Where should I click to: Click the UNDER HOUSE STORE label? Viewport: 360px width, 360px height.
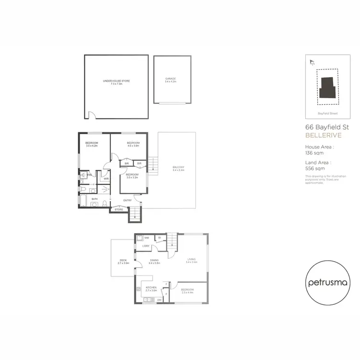116,82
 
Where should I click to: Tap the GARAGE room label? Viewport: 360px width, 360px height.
171,79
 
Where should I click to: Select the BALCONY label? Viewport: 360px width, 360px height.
177,168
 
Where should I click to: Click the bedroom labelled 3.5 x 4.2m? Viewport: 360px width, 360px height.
92,144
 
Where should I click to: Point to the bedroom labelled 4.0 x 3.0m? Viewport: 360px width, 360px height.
133,144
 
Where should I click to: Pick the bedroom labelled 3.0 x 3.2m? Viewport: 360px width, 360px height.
132,176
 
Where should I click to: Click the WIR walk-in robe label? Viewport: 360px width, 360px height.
106,179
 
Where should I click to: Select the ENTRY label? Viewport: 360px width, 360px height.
127,201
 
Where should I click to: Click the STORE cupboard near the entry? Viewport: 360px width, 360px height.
119,209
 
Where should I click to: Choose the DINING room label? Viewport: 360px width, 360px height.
154,262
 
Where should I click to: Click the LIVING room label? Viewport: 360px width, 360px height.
192,261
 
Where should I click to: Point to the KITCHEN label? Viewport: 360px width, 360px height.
151,289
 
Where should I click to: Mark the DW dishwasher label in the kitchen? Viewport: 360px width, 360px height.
158,300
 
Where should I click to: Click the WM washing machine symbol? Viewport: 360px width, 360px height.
147,238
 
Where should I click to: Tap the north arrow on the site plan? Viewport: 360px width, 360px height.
312,61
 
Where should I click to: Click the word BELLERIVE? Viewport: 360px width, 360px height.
321,136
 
